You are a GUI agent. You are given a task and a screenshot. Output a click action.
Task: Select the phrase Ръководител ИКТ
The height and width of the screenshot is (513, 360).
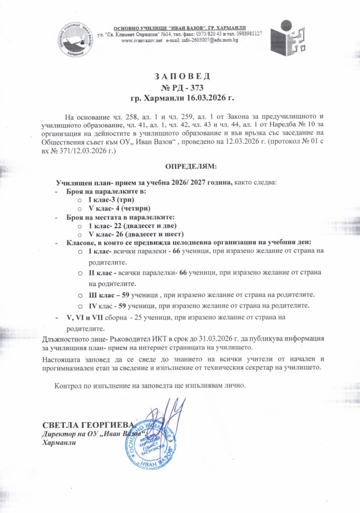116,340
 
